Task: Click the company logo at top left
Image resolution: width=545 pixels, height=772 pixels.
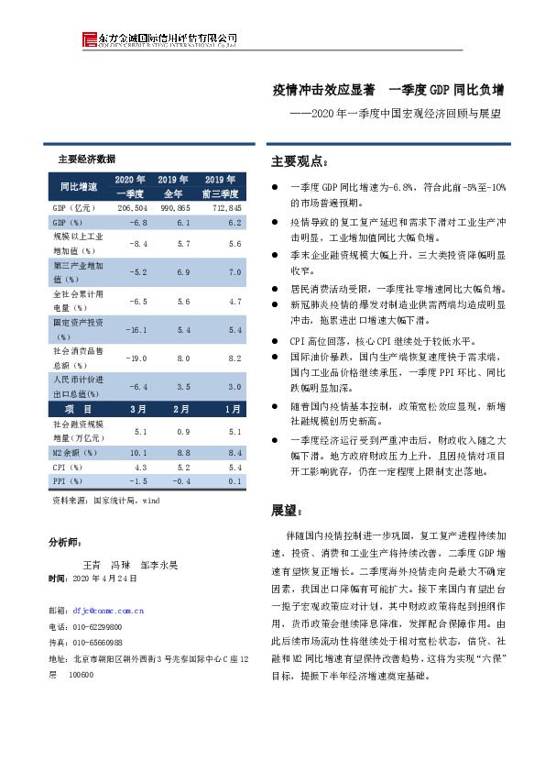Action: tap(89, 39)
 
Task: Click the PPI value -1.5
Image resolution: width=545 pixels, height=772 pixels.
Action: tap(137, 480)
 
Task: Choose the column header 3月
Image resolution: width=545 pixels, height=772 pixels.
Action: tap(138, 408)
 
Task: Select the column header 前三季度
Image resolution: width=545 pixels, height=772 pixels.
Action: tap(221, 194)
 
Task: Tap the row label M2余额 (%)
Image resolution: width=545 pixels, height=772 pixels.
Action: tap(73, 453)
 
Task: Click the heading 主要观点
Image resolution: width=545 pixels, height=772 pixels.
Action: tap(297, 162)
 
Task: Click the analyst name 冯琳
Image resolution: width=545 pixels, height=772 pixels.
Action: tap(120, 565)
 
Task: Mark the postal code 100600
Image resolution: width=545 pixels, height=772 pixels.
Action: tap(82, 674)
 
